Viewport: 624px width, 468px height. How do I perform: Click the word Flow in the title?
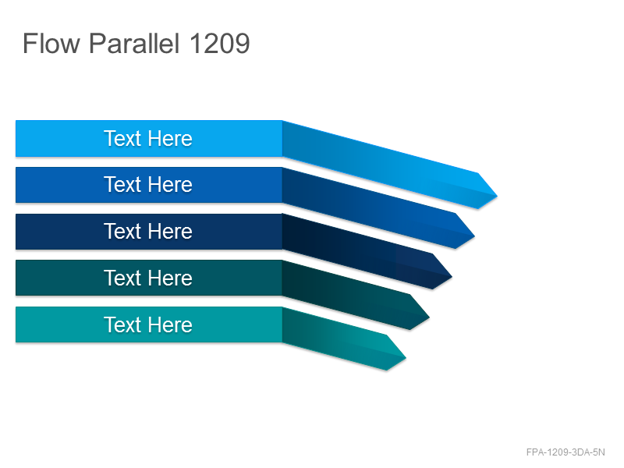tap(51, 43)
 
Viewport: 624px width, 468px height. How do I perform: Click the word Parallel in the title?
tap(134, 43)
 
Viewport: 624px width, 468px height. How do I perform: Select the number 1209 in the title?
tap(220, 43)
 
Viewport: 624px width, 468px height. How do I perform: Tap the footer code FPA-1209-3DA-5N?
tap(565, 452)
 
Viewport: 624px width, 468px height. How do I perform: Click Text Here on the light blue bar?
tap(148, 139)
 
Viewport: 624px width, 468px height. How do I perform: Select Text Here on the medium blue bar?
tap(148, 185)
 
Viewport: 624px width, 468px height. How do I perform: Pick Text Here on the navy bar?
tap(148, 231)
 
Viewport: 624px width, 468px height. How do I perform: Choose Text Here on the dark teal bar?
tap(148, 278)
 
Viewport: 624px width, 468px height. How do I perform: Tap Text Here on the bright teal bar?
tap(148, 324)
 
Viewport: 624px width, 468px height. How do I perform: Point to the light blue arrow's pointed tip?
tap(497, 196)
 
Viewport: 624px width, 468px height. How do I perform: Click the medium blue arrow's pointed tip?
tap(474, 236)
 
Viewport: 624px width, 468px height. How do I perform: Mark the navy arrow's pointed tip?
tap(452, 277)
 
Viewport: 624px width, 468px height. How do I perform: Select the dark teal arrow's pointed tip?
tap(430, 317)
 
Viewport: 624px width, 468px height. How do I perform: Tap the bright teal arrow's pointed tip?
tap(406, 358)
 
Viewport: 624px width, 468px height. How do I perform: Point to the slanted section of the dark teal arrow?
tap(350, 296)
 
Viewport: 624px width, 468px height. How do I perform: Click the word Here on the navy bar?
tap(171, 231)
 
